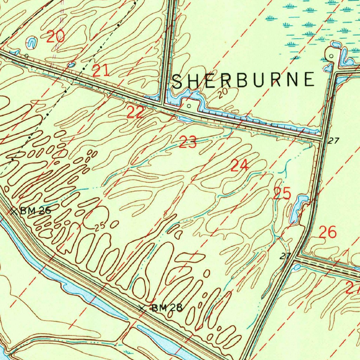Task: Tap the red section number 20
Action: (55, 36)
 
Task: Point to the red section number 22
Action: (135, 112)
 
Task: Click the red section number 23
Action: (188, 143)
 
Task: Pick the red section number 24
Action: (239, 165)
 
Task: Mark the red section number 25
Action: (282, 194)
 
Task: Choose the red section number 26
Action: (328, 232)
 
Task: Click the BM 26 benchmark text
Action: (36, 211)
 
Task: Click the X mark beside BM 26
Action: (13, 211)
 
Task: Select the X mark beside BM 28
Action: (142, 308)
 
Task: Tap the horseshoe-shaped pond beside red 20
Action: (32, 43)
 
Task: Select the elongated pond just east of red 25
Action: (297, 210)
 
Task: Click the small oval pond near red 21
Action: (72, 64)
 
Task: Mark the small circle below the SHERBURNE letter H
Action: (189, 105)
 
